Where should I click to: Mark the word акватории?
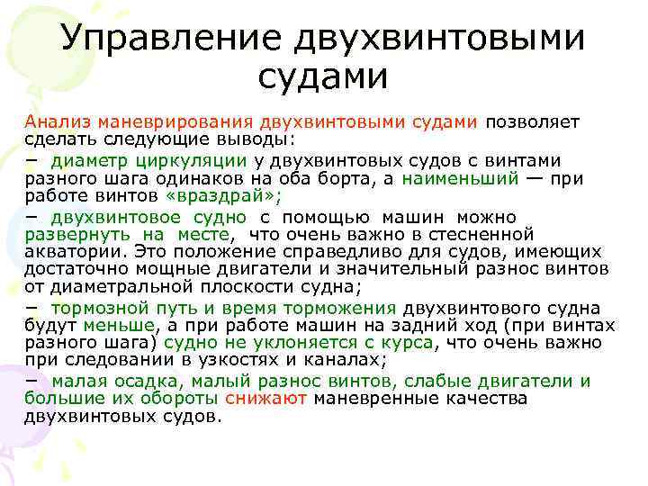pos(74,252)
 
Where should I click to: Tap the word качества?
pos(487,399)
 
